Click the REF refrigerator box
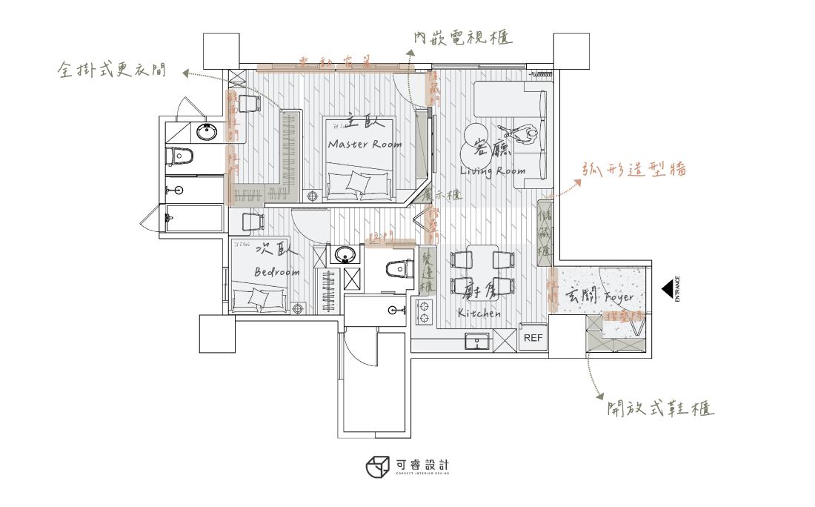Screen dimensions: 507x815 [x=533, y=337]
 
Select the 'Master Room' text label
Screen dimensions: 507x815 [x=365, y=145]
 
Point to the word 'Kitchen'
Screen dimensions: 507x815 [x=479, y=314]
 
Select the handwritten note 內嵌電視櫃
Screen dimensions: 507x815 [x=463, y=37]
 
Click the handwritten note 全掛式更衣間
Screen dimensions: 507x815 [x=112, y=71]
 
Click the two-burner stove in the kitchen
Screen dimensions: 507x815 [x=426, y=314]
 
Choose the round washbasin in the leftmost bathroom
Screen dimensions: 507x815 [x=206, y=132]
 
